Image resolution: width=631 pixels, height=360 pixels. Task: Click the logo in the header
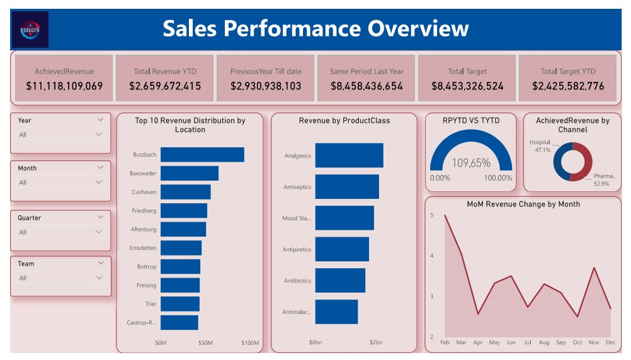click(x=30, y=29)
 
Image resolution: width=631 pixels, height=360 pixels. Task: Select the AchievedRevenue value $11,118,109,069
click(x=64, y=86)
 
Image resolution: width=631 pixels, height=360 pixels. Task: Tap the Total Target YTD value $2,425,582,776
click(x=568, y=86)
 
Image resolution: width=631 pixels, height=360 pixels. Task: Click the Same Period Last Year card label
click(x=367, y=71)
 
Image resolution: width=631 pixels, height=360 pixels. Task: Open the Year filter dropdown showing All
click(x=60, y=135)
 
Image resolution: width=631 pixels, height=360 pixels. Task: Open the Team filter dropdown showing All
click(x=60, y=278)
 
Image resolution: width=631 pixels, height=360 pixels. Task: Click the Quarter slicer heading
click(x=30, y=218)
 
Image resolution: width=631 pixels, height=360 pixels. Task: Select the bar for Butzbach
click(x=202, y=155)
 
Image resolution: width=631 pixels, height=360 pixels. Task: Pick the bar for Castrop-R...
click(x=179, y=323)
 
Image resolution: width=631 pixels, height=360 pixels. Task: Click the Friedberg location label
click(x=144, y=211)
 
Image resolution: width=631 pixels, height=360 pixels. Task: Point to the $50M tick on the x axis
click(x=206, y=343)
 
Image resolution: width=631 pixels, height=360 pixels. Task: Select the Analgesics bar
click(x=349, y=155)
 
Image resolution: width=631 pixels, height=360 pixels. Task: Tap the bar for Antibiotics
click(x=340, y=281)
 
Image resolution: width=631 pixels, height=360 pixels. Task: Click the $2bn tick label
click(x=376, y=343)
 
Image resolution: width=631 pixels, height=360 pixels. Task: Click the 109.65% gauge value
click(x=471, y=163)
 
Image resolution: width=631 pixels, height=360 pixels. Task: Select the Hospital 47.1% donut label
click(x=540, y=146)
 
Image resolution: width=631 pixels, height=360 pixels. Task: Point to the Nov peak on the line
click(x=594, y=268)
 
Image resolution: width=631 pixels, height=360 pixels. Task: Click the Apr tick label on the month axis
click(x=478, y=343)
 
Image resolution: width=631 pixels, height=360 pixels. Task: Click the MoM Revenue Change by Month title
click(x=523, y=204)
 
